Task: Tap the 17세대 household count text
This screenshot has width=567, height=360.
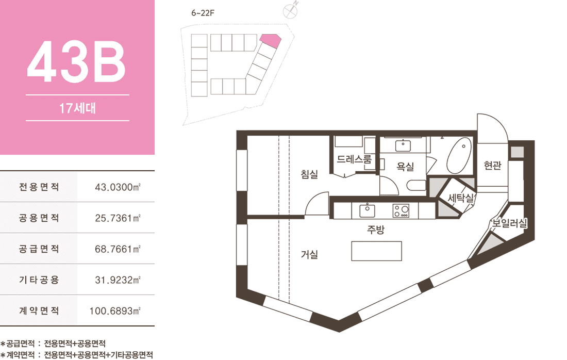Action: point(77,108)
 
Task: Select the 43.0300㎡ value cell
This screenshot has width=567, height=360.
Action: point(118,187)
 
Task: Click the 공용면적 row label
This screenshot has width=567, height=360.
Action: point(39,218)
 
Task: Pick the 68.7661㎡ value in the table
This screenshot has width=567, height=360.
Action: point(118,249)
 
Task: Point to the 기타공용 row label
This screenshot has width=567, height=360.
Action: point(39,280)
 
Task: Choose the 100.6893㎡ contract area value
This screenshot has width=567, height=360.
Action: point(115,311)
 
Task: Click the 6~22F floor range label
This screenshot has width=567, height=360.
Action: point(203,13)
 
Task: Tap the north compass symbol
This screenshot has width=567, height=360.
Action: point(291,10)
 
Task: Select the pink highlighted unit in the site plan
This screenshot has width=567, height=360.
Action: point(271,40)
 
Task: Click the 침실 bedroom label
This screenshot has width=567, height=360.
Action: point(310,174)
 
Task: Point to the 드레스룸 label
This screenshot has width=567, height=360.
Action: point(354,159)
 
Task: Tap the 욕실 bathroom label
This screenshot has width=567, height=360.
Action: point(405,167)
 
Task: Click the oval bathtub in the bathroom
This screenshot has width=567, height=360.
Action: point(459,156)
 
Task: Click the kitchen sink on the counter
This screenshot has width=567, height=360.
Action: point(367,210)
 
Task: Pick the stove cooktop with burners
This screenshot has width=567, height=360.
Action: point(401,211)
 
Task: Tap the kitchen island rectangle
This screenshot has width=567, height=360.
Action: point(376,251)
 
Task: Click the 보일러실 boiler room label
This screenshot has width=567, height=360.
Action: point(509,223)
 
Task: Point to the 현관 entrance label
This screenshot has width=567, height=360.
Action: point(492,166)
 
